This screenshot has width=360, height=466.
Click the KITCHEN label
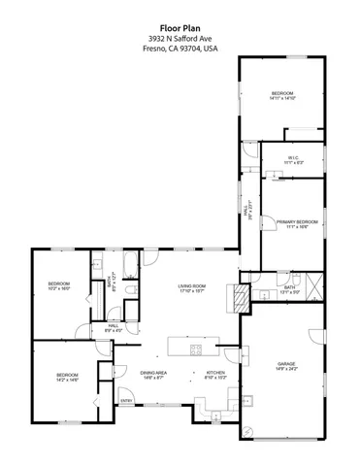click(214, 373)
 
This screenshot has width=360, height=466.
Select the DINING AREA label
click(154, 373)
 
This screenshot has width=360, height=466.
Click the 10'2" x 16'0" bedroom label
click(59, 289)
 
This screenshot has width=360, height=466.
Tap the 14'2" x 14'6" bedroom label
click(67, 380)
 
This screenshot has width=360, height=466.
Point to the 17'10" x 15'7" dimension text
click(191, 291)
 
